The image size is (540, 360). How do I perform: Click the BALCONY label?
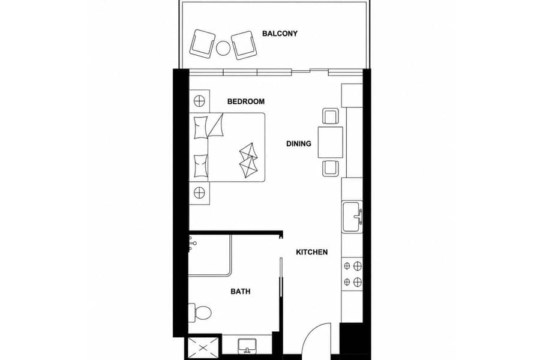click(x=280, y=34)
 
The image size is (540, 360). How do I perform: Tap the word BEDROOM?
click(x=246, y=101)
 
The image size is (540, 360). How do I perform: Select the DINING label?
click(x=299, y=143)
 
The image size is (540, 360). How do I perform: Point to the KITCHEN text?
click(x=311, y=252)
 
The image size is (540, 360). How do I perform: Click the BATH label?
click(x=241, y=292)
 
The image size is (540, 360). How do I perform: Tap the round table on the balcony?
click(x=223, y=48)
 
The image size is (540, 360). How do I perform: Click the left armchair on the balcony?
click(x=203, y=43)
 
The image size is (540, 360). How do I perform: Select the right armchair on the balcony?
click(x=244, y=45)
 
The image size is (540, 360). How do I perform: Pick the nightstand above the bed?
click(x=199, y=101)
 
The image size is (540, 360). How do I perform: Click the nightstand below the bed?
click(x=199, y=193)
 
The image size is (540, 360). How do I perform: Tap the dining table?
click(x=330, y=142)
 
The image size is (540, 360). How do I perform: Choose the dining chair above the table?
click(x=331, y=116)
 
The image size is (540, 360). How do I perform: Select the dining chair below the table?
click(x=331, y=168)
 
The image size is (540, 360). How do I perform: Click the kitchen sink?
click(x=352, y=217)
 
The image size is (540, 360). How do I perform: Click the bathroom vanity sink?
click(x=247, y=346)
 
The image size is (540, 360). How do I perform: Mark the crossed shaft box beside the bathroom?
click(x=203, y=348)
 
